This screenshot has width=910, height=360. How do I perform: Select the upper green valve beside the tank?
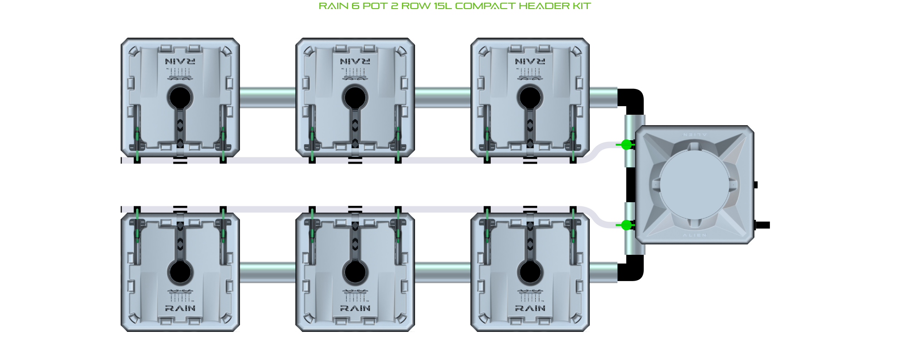[626, 145]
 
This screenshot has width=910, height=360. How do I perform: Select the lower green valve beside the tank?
[626, 225]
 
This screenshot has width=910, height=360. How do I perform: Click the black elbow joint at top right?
[632, 99]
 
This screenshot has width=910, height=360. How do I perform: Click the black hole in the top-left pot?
[180, 97]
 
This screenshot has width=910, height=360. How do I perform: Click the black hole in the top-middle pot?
[355, 97]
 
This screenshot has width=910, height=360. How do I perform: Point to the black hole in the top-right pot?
[530, 97]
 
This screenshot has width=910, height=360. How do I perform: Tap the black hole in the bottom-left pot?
[180, 272]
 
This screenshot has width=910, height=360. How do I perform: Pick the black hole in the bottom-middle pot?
[355, 272]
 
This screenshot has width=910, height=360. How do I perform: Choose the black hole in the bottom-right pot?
[530, 272]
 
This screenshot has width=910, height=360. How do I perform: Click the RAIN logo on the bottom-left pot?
[180, 308]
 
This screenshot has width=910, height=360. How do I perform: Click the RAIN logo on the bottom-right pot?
[530, 308]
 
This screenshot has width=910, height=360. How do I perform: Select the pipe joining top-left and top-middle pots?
[268, 97]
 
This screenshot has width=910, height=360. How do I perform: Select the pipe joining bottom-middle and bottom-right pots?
[443, 272]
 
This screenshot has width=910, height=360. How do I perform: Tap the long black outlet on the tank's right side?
[763, 225]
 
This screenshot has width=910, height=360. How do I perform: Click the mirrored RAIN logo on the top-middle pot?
[355, 61]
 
